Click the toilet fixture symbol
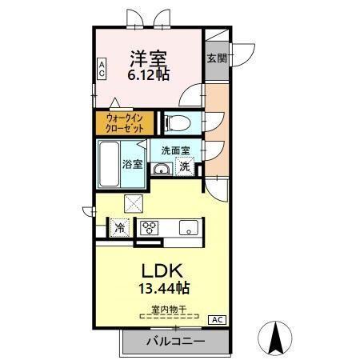[x=177, y=122]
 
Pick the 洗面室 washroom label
[x=175, y=150]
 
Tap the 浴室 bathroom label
[x=133, y=164]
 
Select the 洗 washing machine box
[x=185, y=166]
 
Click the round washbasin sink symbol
[x=161, y=167]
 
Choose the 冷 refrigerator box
[x=120, y=226]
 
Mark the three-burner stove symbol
[x=149, y=226]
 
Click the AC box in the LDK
[x=216, y=320]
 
